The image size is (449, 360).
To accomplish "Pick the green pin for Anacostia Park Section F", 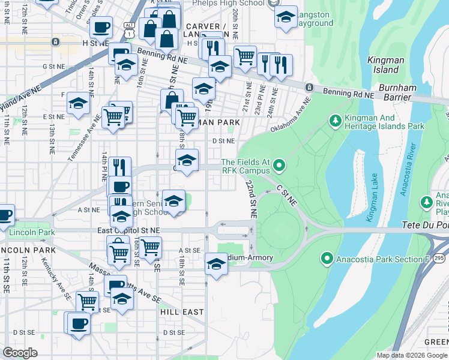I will click(x=327, y=259).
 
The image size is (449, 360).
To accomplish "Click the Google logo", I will click(x=20, y=353).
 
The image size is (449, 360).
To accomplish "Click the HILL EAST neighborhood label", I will click(x=182, y=313).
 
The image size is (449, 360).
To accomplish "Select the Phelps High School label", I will click(x=228, y=2).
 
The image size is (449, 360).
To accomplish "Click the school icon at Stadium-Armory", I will click(x=216, y=263).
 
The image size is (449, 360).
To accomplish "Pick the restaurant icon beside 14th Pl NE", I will click(x=120, y=166).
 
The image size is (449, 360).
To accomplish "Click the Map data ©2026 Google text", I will click(x=412, y=355).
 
